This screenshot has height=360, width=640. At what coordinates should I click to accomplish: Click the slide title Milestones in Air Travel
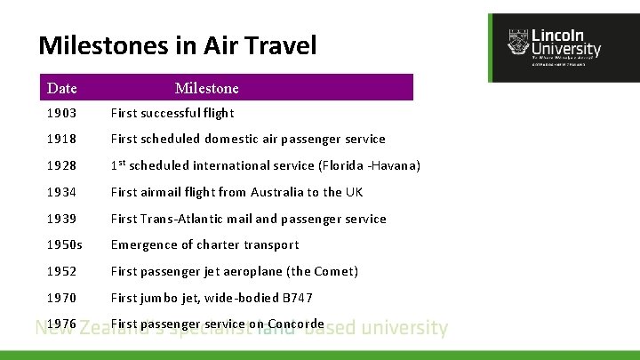click(x=178, y=45)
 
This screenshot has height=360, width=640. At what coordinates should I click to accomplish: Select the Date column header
click(x=62, y=88)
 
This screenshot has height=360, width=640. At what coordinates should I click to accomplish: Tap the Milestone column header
click(x=206, y=88)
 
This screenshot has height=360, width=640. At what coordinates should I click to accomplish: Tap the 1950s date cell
click(x=64, y=244)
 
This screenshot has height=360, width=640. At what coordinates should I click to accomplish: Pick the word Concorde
click(x=295, y=324)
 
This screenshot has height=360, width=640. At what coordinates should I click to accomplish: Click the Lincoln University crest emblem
click(x=517, y=43)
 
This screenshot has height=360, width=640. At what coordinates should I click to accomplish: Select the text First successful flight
click(x=172, y=113)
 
